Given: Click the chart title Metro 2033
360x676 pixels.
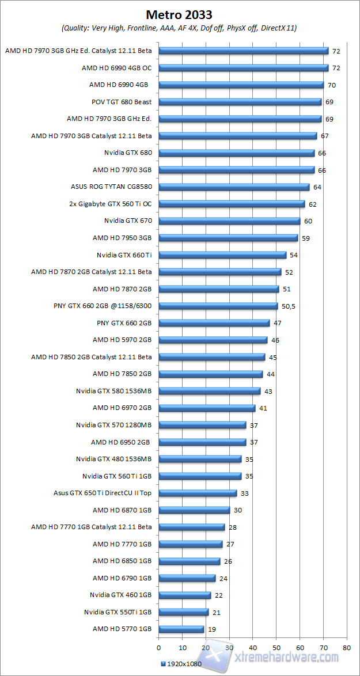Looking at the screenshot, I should click(x=179, y=14).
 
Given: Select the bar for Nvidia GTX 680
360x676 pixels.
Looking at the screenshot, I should click(x=236, y=153).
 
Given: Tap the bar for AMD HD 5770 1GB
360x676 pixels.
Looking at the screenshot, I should click(x=181, y=629).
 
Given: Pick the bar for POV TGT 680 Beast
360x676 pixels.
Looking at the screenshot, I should click(x=240, y=102).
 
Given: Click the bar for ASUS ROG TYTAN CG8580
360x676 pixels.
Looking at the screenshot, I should click(x=234, y=187).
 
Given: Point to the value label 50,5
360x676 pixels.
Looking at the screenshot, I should click(x=289, y=306).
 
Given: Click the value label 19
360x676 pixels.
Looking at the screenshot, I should click(x=212, y=629).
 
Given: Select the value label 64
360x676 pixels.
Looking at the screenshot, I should click(x=317, y=187).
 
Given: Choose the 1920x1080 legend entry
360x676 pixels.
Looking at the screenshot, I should click(x=180, y=664).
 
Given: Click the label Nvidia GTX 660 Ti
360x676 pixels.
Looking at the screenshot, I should click(x=124, y=255).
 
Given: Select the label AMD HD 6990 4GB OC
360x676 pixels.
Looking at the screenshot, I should click(x=116, y=68).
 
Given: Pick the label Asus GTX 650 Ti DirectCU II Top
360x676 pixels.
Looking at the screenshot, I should click(x=102, y=493).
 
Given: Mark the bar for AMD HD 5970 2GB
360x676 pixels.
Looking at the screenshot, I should click(x=213, y=340).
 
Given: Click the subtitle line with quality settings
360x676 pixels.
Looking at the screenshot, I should click(x=179, y=28).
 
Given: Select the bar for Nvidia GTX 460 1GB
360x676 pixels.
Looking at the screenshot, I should click(x=184, y=595).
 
